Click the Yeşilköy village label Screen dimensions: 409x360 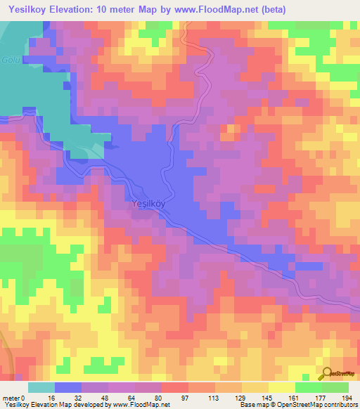click(x=148, y=204)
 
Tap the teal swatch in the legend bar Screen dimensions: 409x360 click(x=41, y=387)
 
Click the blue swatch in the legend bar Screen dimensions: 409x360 click(x=67, y=387)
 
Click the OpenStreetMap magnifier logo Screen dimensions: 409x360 click(x=326, y=374)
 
